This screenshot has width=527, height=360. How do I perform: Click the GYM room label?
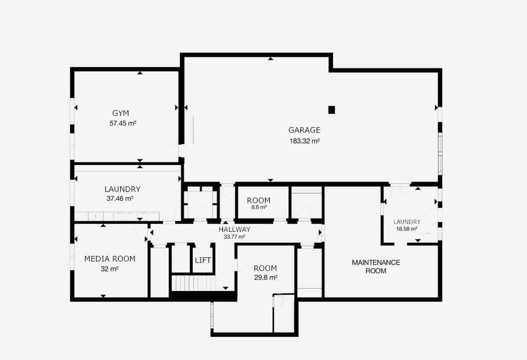(x=121, y=113)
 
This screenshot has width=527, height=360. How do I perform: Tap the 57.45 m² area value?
(x=123, y=123)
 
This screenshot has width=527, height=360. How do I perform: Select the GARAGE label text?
(x=304, y=130)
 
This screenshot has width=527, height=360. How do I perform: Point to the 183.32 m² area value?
(x=304, y=141)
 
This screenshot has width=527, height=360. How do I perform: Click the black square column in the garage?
(x=332, y=110)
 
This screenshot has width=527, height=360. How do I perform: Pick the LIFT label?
(x=203, y=260)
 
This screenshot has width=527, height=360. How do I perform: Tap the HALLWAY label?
(x=235, y=229)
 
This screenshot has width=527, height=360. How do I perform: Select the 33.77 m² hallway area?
(x=235, y=237)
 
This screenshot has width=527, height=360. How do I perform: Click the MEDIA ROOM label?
(x=110, y=259)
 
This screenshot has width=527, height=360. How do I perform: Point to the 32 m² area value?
(x=110, y=269)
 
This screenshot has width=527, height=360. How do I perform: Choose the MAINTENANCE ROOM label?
(x=376, y=266)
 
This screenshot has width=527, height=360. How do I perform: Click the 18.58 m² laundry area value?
(x=407, y=229)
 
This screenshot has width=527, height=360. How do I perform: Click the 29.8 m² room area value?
(x=265, y=277)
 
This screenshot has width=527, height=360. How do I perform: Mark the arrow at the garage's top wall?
(x=271, y=58)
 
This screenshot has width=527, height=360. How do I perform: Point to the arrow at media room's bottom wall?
(x=103, y=296)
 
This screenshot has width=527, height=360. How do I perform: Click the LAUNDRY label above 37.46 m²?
(x=123, y=189)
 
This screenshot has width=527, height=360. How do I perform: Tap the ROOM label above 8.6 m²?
(x=258, y=201)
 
